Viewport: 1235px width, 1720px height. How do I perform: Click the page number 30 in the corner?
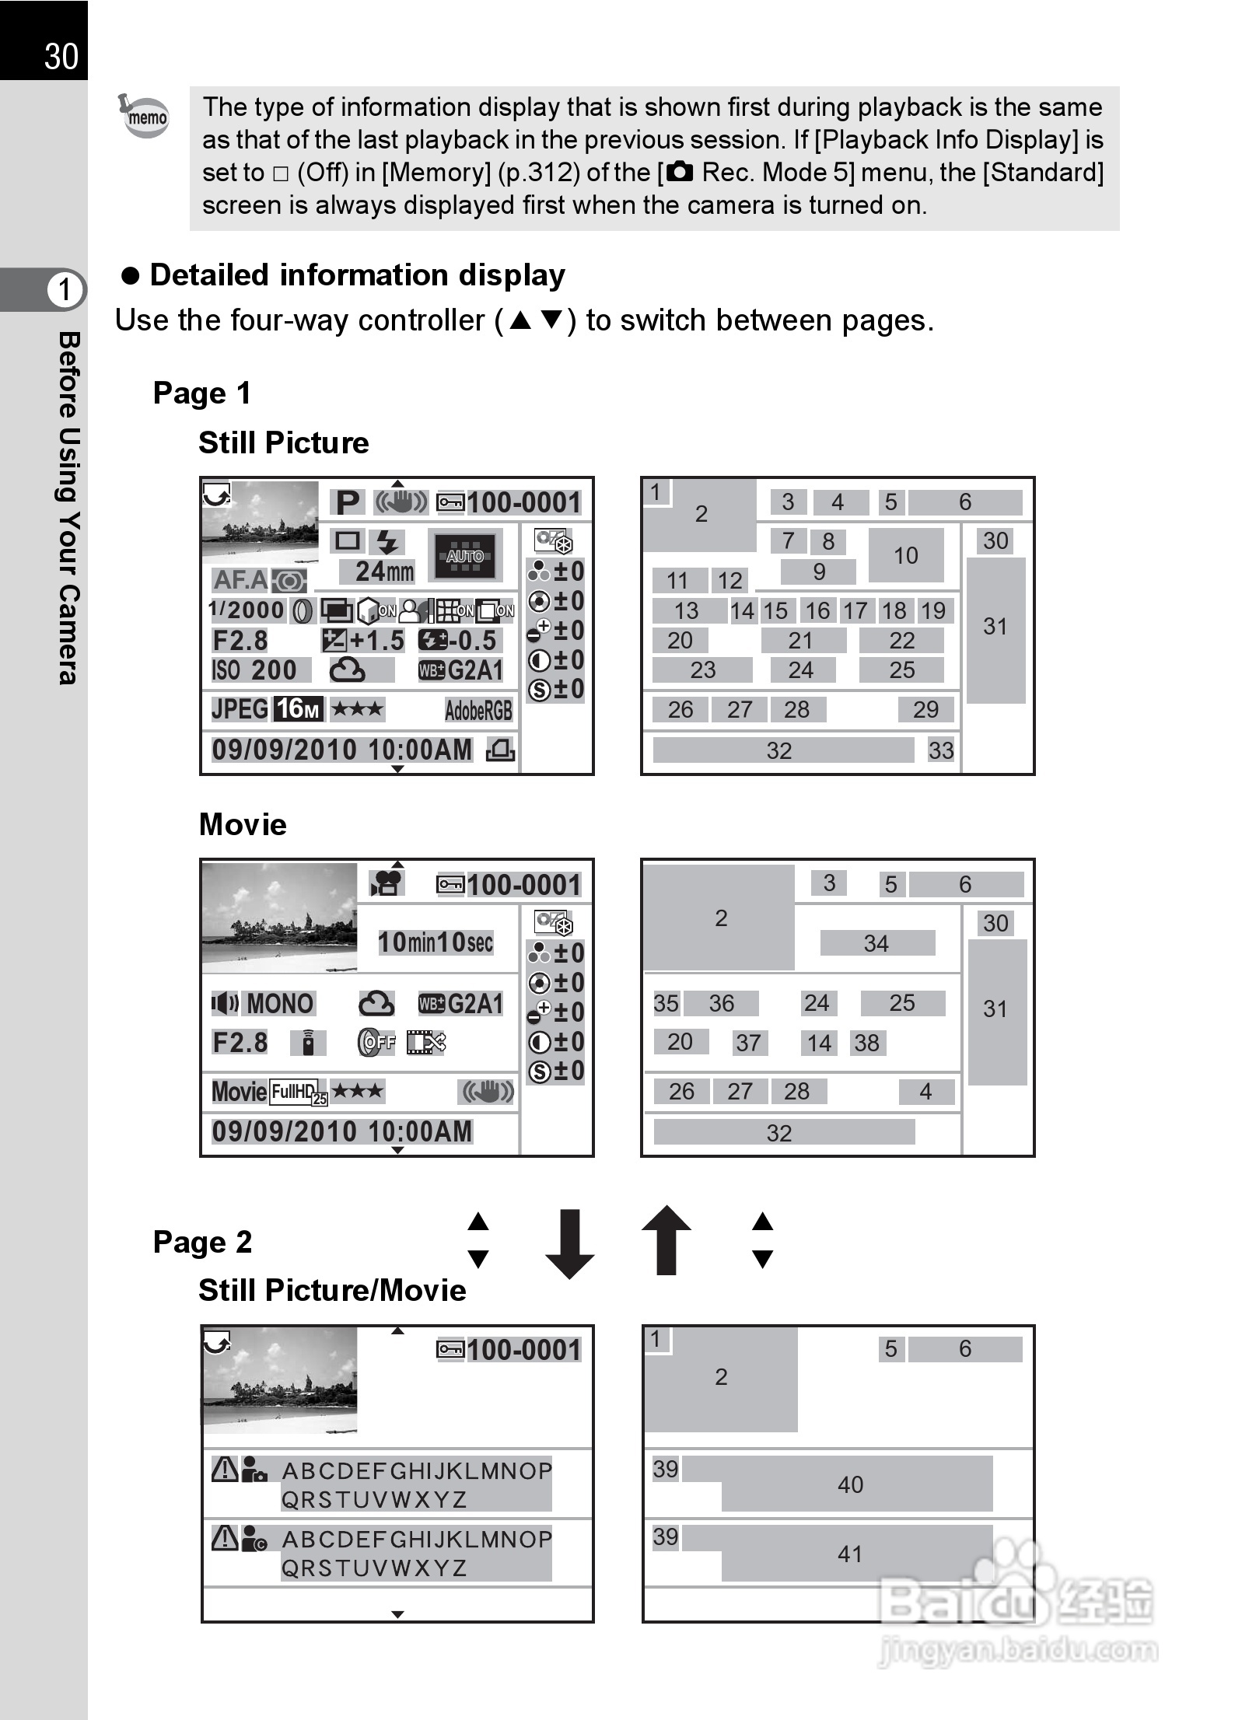tap(61, 57)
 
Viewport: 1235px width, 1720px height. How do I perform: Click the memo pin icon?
tap(145, 116)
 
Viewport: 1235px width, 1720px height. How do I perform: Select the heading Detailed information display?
tap(357, 275)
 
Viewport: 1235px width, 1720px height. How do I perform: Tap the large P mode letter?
tap(348, 503)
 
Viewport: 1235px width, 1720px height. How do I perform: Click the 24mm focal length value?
tap(383, 572)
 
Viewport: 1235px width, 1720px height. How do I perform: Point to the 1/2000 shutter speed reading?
tap(247, 610)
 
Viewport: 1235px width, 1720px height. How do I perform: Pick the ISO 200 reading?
tap(254, 670)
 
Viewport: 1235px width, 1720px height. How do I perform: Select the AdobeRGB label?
tap(478, 710)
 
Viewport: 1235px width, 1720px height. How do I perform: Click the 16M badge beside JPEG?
tap(298, 708)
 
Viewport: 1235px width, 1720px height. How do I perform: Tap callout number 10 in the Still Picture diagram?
tap(905, 555)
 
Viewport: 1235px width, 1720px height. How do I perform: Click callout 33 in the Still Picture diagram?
tap(940, 750)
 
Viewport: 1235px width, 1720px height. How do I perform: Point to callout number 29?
tap(925, 709)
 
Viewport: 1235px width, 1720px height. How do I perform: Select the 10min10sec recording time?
tap(436, 942)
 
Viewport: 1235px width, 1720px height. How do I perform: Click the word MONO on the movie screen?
tap(280, 1004)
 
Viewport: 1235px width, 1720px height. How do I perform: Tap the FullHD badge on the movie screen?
tap(296, 1092)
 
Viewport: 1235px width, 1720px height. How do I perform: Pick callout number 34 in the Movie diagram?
tap(876, 943)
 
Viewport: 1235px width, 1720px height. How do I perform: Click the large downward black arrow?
tap(570, 1244)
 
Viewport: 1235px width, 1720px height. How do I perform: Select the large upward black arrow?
tap(666, 1241)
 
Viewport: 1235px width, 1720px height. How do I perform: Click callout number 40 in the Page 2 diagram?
tap(850, 1485)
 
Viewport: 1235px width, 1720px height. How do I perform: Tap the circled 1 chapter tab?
tap(65, 290)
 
